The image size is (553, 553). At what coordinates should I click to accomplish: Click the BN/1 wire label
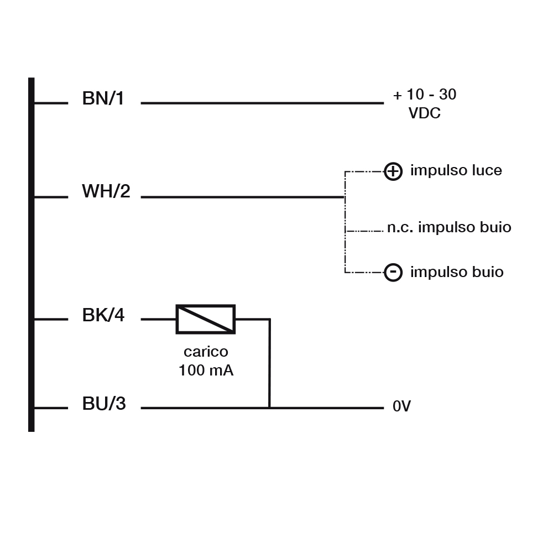(103, 99)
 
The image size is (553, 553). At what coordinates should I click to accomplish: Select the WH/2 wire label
(106, 192)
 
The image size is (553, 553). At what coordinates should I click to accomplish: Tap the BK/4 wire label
(103, 316)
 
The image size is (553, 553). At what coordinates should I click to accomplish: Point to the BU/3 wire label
(104, 404)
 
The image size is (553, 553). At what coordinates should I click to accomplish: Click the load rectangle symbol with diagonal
(205, 319)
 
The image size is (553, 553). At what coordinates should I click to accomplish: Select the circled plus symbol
(393, 171)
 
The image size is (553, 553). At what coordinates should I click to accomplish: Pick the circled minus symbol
(393, 272)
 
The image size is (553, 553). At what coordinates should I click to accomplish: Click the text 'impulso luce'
(456, 170)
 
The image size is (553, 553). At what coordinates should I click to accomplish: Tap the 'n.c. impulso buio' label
(448, 227)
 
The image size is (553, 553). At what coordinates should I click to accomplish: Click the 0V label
(401, 407)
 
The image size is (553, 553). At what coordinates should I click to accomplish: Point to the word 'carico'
(206, 352)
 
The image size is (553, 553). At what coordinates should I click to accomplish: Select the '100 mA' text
(206, 371)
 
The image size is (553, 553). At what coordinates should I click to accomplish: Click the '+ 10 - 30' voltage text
(425, 95)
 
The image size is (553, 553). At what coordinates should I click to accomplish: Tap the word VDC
(425, 114)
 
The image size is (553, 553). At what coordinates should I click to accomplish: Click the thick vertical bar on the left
(32, 254)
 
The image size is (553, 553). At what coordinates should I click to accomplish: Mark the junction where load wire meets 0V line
(269, 408)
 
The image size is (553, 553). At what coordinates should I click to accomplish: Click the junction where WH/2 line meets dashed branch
(345, 196)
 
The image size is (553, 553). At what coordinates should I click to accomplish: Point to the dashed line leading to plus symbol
(364, 171)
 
